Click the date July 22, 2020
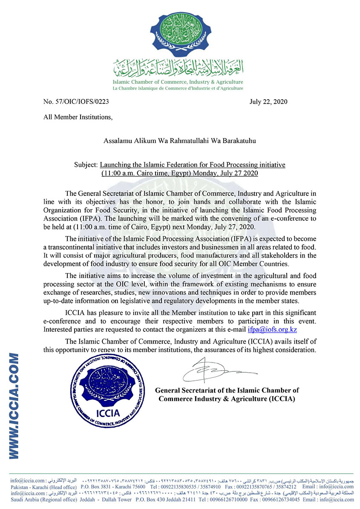click(268, 102)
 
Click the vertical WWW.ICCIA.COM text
click(14, 404)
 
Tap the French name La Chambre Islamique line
click(178, 88)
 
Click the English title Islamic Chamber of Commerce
click(178, 82)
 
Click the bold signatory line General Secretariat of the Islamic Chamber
click(227, 390)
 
